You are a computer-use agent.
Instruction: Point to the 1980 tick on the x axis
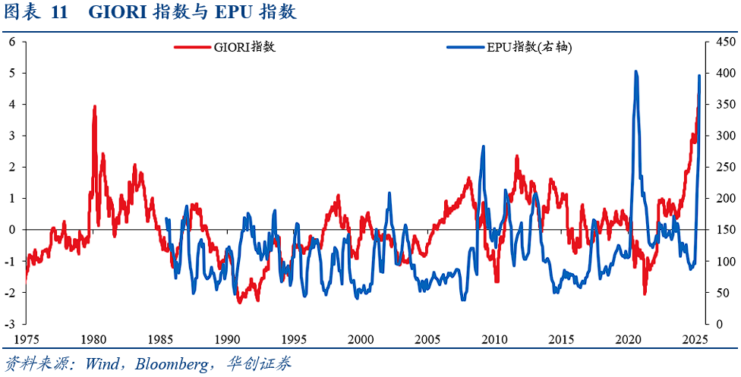click(93, 338)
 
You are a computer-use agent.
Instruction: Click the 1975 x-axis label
click(26, 338)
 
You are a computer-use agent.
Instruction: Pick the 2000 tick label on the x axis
click(361, 338)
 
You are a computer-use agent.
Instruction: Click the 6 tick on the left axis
click(12, 42)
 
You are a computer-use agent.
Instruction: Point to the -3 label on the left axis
click(11, 324)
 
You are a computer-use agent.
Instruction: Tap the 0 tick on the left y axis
click(12, 230)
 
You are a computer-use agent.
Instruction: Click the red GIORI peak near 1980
click(94, 107)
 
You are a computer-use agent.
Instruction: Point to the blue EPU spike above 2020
click(635, 72)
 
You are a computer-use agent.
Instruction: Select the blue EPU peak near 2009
click(483, 147)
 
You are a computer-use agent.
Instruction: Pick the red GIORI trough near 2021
click(645, 293)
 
